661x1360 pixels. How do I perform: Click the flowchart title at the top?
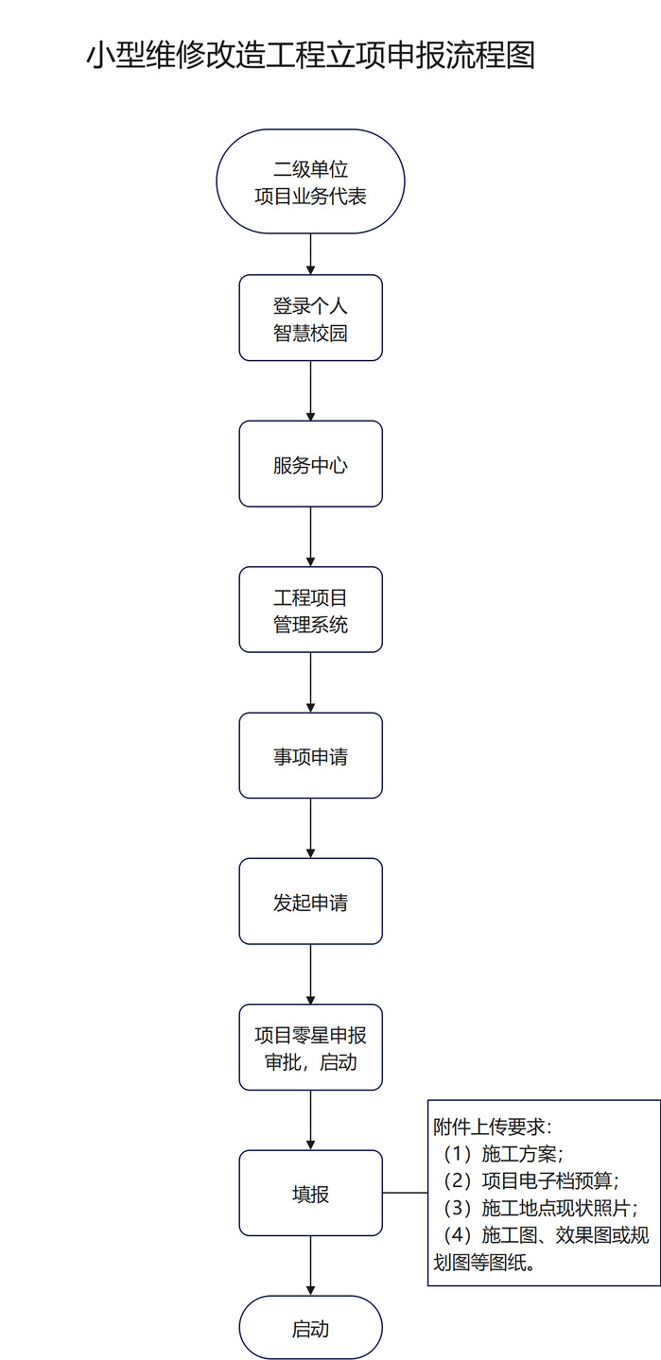coord(311,55)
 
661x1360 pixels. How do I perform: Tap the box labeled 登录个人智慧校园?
coord(310,318)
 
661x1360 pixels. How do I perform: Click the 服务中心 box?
coord(310,464)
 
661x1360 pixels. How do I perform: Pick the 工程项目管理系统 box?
coord(310,610)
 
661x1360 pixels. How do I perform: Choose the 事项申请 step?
coord(310,756)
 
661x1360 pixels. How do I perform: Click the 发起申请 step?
coord(310,902)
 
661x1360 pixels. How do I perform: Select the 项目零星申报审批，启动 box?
coord(310,1047)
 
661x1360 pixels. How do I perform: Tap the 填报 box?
coord(310,1194)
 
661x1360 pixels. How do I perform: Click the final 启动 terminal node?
coord(310,1328)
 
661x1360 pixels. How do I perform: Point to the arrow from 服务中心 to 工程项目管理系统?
coord(310,536)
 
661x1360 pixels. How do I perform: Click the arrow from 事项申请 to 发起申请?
coord(310,828)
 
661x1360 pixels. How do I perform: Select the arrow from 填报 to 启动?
coord(310,1265)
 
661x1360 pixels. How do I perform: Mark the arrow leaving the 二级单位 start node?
coord(310,252)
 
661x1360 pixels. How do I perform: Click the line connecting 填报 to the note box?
coord(405,1193)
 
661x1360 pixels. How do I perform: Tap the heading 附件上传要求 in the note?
coord(492,1128)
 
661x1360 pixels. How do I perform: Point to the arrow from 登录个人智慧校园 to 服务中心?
coord(310,390)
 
